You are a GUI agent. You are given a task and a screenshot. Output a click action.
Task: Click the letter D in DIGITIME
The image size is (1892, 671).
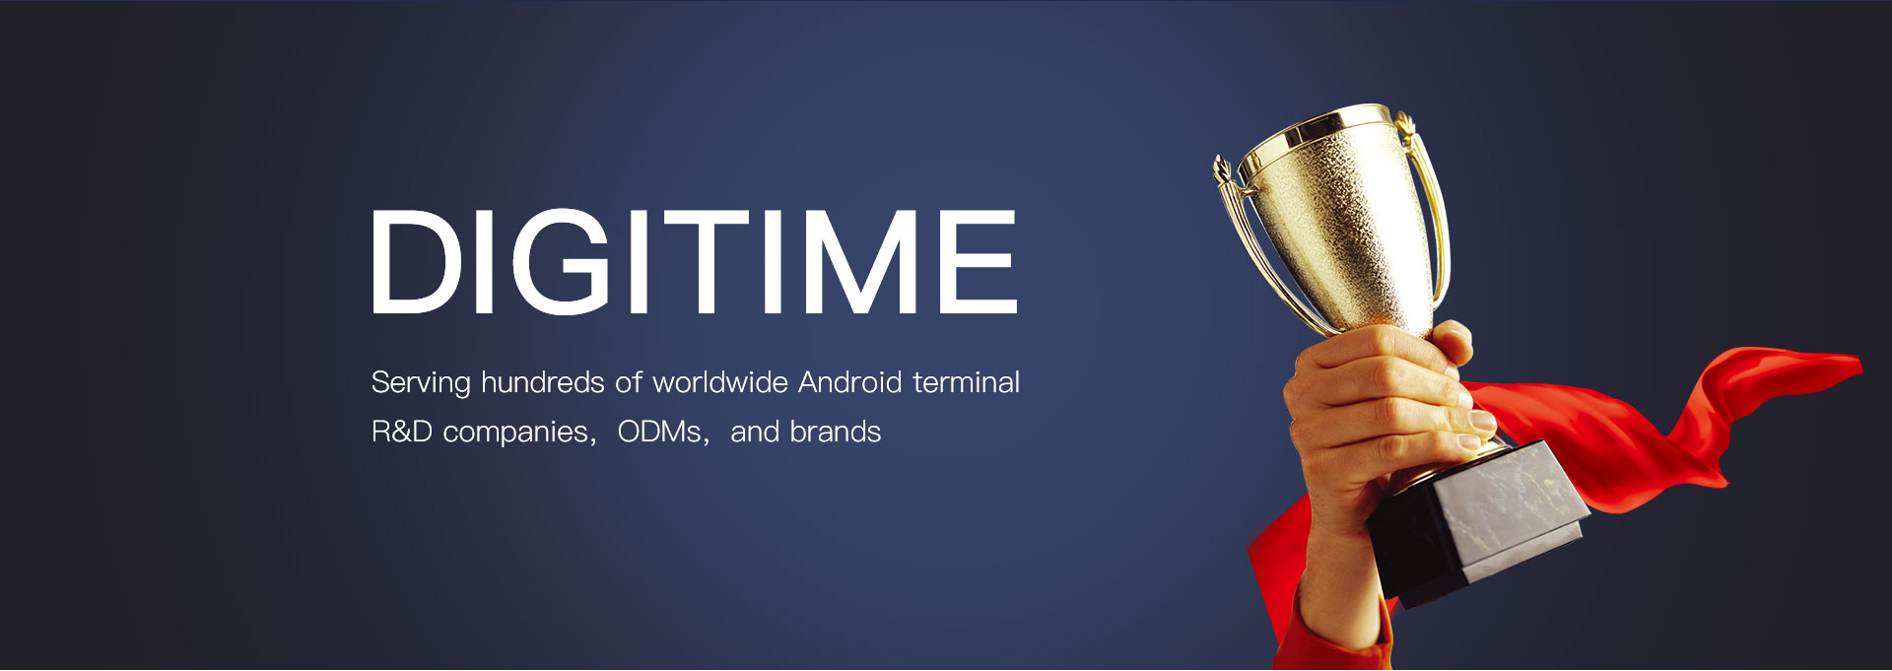coord(417,261)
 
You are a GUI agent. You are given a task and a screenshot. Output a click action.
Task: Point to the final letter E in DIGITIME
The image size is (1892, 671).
coord(978,261)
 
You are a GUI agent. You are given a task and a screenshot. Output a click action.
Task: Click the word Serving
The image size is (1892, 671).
coord(421,383)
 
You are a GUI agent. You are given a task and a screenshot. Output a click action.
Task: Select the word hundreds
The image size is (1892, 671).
coord(543,381)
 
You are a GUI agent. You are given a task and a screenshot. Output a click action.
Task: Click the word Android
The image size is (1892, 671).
coord(850,381)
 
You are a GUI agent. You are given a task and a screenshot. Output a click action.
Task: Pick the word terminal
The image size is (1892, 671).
coord(967,381)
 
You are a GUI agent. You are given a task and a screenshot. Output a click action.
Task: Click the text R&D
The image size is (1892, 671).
coord(402,432)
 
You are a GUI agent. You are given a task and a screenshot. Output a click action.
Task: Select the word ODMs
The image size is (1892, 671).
coord(659,432)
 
